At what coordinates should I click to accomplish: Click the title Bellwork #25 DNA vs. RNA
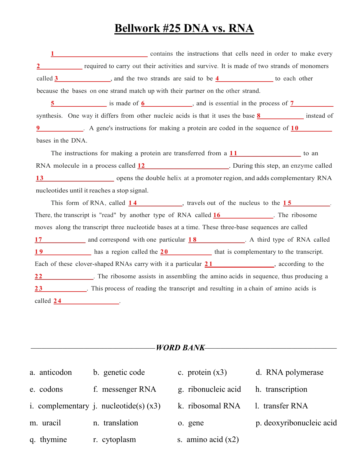(x=184, y=29)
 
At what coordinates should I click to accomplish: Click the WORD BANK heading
(x=180, y=347)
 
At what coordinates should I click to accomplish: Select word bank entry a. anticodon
(x=51, y=372)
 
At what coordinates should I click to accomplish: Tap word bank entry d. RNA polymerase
(x=289, y=372)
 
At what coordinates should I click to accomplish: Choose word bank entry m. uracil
(x=45, y=423)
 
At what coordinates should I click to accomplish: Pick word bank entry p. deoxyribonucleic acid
(x=296, y=423)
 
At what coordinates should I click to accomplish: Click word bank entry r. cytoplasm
(x=115, y=439)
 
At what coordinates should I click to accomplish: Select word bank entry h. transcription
(x=281, y=389)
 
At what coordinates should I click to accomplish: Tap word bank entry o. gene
(x=191, y=423)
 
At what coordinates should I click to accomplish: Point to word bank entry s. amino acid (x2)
(x=208, y=439)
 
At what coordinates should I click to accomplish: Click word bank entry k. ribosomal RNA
(x=209, y=406)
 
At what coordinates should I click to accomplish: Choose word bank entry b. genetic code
(x=119, y=372)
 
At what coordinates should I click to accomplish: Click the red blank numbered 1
(x=99, y=54)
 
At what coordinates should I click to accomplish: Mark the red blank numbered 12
(x=183, y=166)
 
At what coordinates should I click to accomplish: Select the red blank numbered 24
(x=86, y=301)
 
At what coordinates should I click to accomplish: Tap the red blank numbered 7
(x=312, y=104)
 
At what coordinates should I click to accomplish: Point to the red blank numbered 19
(x=63, y=252)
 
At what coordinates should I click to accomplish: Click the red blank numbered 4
(x=244, y=79)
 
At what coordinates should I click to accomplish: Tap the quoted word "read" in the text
(x=108, y=215)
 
